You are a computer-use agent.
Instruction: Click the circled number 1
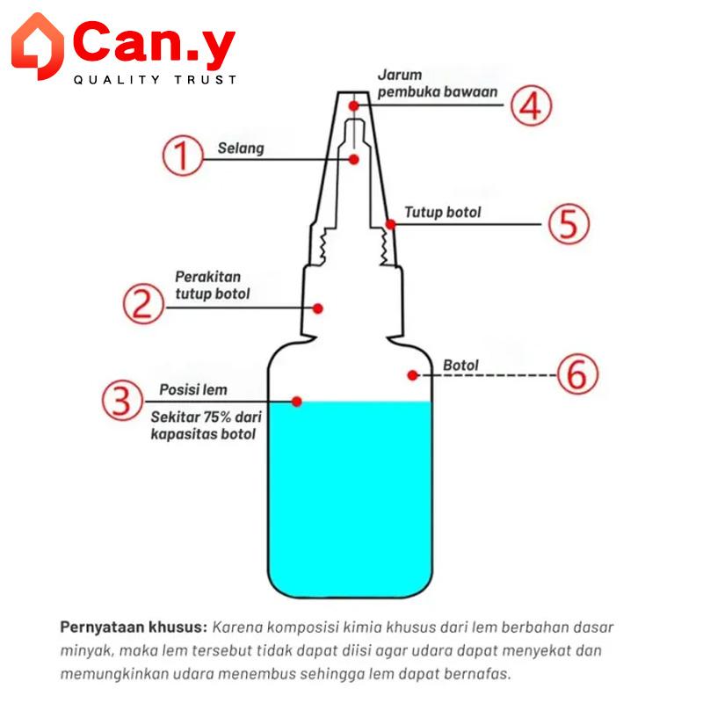coord(181,157)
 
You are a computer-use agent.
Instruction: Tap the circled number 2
coord(142,304)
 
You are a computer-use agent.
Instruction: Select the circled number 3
coord(122,401)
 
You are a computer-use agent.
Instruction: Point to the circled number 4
coord(532,106)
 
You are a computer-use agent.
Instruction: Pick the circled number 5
coord(569,223)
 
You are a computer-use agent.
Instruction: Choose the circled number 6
coord(577,375)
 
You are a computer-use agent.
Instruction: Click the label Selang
coord(241,149)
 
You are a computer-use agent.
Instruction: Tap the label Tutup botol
coord(443,213)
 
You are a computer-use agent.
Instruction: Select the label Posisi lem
coord(192,389)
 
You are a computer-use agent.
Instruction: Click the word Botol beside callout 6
coord(461,365)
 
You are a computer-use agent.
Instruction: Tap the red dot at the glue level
coord(297,402)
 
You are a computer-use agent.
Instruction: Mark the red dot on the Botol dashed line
coord(412,375)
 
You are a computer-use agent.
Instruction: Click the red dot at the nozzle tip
coord(353,105)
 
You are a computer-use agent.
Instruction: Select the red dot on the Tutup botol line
coord(390,224)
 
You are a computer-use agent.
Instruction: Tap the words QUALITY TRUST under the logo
coord(155,80)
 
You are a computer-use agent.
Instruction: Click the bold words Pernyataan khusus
coord(134,627)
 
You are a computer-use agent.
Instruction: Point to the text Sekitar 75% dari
coord(207,418)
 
